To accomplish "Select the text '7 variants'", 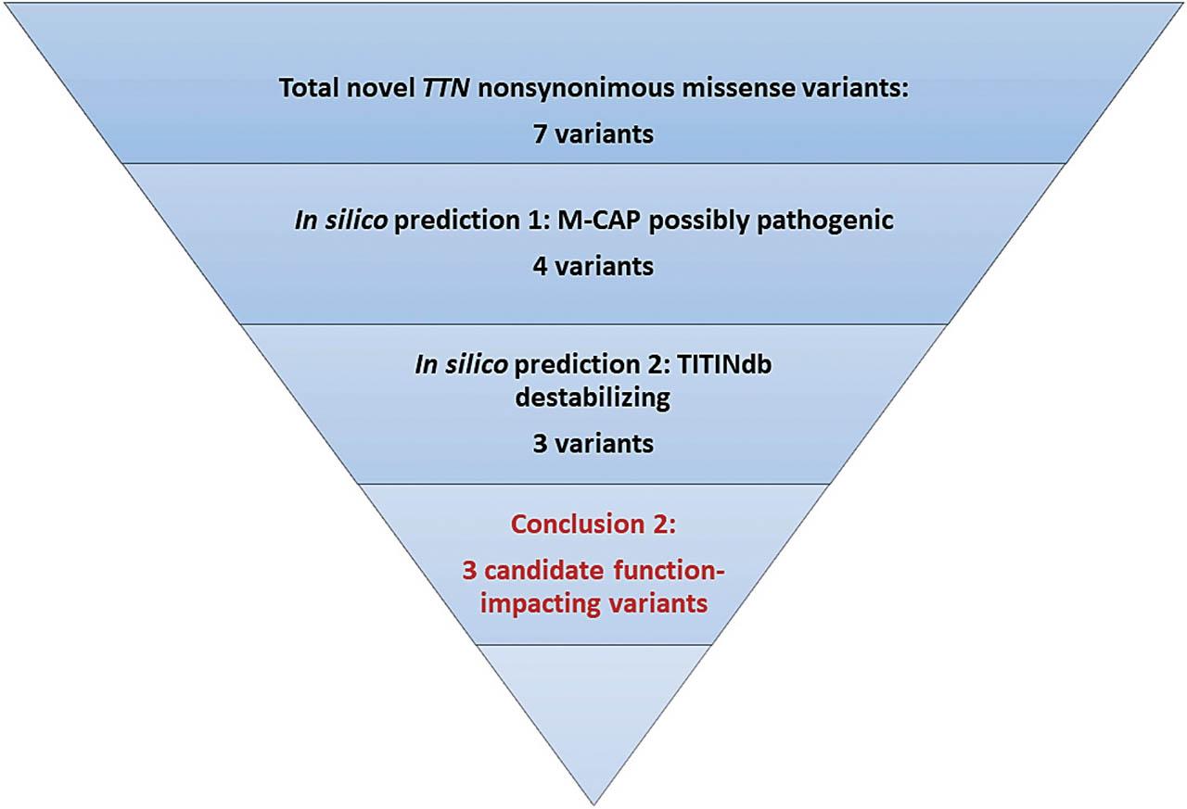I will click(x=593, y=133).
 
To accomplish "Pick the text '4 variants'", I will click(x=593, y=267).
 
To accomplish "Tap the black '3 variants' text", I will click(x=593, y=443).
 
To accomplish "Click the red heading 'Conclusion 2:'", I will click(x=593, y=525).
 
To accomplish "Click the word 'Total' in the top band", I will click(x=309, y=91).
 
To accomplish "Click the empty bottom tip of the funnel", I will click(x=593, y=714).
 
